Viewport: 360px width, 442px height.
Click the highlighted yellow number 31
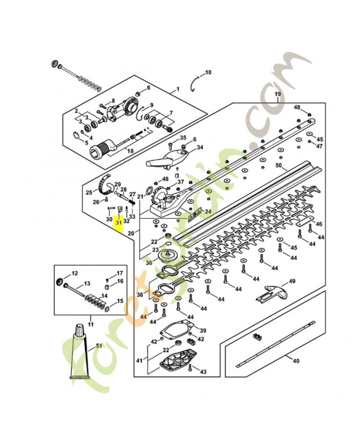[118, 224]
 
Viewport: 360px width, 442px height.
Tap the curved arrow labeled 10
[196, 83]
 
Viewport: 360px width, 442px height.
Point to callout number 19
[278, 95]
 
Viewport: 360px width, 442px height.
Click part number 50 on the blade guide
[278, 165]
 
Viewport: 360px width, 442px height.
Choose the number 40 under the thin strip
[296, 361]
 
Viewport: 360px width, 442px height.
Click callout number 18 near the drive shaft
[130, 150]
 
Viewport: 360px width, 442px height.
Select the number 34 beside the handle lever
[200, 148]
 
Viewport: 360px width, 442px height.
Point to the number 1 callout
[178, 89]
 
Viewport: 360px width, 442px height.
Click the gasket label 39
[203, 330]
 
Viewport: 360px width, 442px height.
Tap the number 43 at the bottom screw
[203, 371]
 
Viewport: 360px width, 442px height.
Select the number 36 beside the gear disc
[149, 263]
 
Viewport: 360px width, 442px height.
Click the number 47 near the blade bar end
[319, 146]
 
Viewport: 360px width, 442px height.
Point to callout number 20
[131, 234]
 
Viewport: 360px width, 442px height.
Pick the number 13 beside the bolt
[87, 284]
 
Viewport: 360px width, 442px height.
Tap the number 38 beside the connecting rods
[140, 295]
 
